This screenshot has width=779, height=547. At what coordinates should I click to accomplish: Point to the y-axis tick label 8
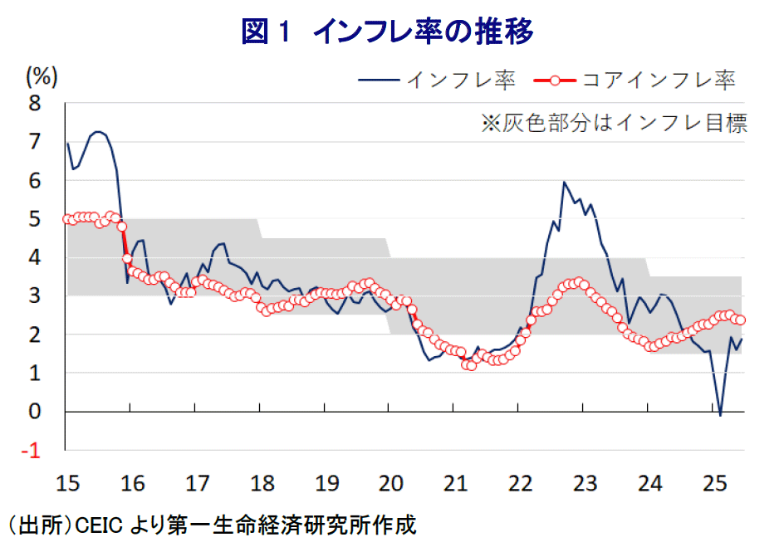coord(35,104)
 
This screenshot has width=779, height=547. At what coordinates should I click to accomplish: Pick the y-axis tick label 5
coord(35,219)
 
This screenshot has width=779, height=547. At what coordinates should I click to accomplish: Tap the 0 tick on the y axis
coord(35,412)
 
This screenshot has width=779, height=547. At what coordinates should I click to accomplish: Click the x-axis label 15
coord(66,482)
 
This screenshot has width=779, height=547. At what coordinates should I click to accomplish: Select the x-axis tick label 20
coord(389,482)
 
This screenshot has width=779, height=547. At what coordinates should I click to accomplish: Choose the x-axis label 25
coord(713,482)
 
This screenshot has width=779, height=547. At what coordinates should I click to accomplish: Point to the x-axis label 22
coord(519,482)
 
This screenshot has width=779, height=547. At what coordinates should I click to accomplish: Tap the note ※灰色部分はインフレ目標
coord(615,124)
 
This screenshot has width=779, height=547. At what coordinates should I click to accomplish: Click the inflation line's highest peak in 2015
coord(98,131)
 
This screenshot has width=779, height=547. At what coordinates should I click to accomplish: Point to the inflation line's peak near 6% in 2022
coord(564,182)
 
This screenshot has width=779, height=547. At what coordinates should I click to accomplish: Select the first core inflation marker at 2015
coord(67,219)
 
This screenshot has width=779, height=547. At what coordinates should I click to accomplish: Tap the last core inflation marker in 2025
coord(741,320)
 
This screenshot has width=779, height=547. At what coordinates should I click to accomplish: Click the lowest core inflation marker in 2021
coord(471,365)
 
